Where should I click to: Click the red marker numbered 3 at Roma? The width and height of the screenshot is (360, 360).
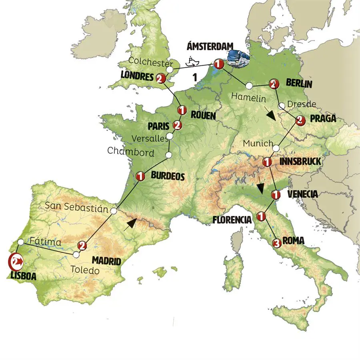pyautogui.click(x=276, y=243)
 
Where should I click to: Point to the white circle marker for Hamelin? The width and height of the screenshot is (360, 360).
pyautogui.click(x=249, y=85)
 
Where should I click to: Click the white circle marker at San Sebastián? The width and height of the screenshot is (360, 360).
pyautogui.click(x=114, y=210)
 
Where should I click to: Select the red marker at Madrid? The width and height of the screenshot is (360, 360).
pyautogui.click(x=83, y=246)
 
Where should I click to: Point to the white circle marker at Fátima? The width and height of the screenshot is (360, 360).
pyautogui.click(x=20, y=242)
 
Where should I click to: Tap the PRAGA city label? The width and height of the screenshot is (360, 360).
pyautogui.click(x=322, y=119)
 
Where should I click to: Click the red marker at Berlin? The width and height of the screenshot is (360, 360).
pyautogui.click(x=273, y=84)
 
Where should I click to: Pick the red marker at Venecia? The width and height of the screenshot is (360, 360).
pyautogui.click(x=276, y=195)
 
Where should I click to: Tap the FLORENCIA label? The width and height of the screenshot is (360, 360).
pyautogui.click(x=232, y=220)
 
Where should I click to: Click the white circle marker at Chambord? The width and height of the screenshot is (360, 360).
pyautogui.click(x=169, y=155)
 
